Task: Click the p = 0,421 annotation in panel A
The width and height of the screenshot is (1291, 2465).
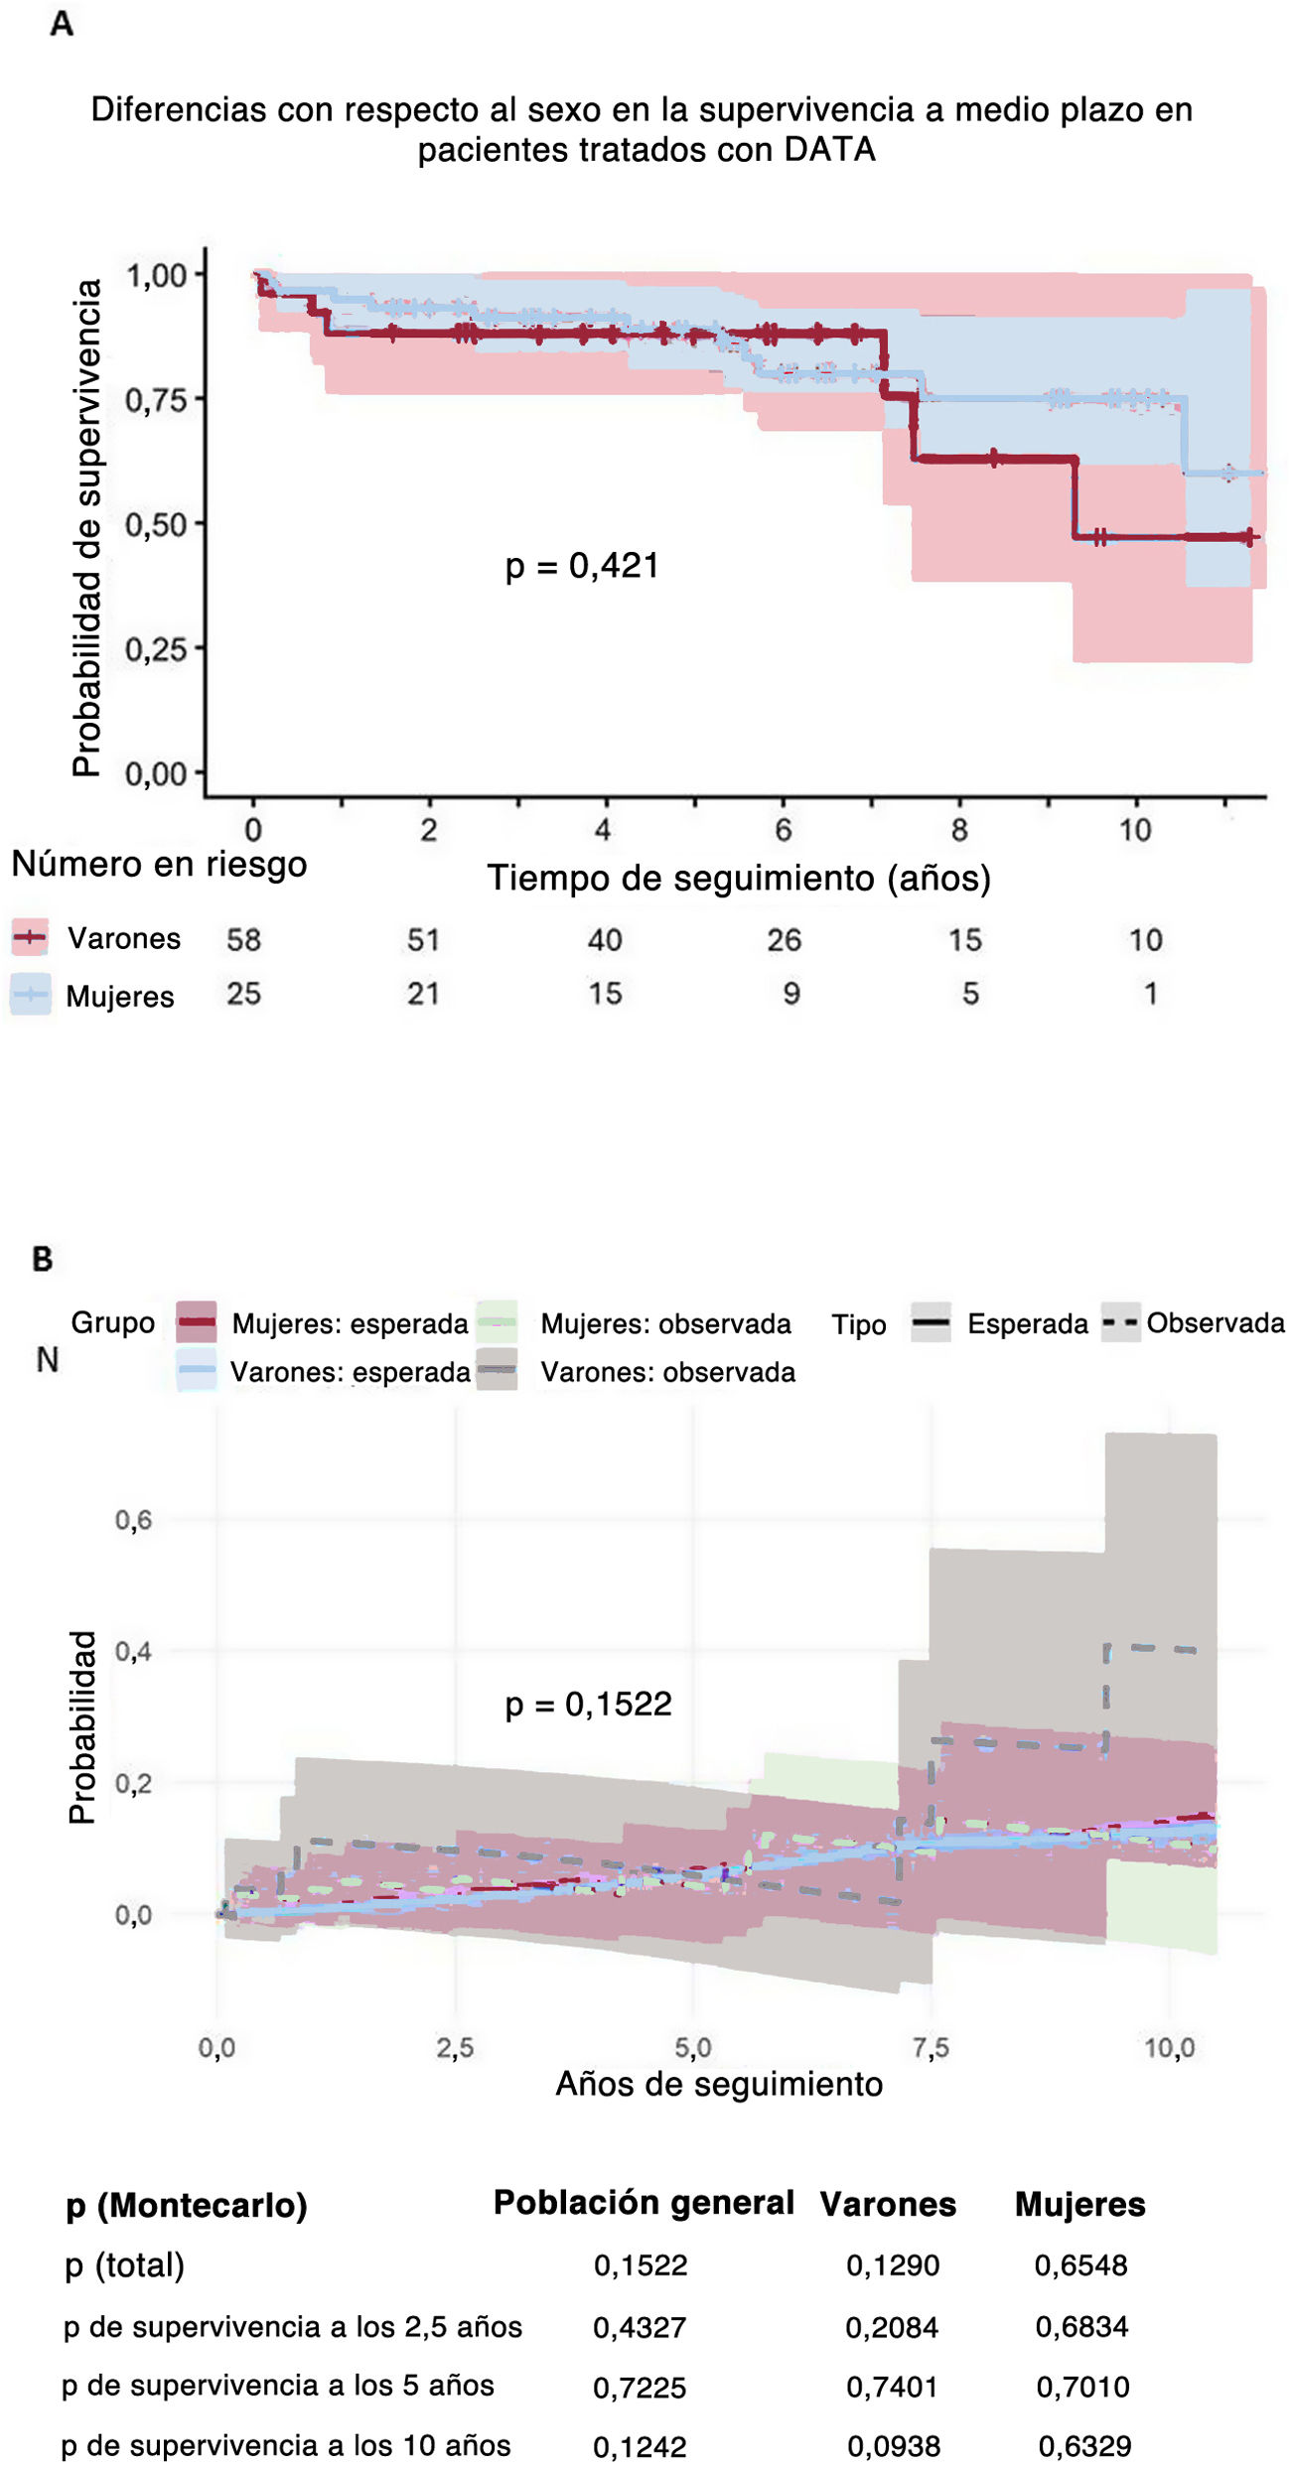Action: tap(582, 566)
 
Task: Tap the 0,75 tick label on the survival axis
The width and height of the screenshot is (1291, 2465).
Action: tap(156, 400)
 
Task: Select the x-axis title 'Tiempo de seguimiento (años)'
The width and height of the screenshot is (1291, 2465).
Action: tap(739, 879)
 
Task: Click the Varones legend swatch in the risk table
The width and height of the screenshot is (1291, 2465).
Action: tap(30, 937)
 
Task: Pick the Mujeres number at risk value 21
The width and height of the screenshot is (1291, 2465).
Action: tap(423, 993)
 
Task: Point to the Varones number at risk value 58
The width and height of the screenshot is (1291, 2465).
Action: tap(243, 939)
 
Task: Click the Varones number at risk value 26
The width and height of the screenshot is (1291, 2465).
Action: tap(784, 939)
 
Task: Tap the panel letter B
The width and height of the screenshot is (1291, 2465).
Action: tap(42, 1259)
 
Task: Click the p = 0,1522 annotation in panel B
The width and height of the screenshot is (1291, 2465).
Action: tap(589, 1704)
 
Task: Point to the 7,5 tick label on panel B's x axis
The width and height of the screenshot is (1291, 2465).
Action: tap(931, 2047)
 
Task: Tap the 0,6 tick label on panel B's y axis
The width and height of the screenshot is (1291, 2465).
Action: tap(133, 1520)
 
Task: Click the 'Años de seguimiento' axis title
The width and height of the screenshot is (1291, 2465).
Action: tap(719, 2083)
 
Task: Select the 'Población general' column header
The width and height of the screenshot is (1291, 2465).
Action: tap(644, 2202)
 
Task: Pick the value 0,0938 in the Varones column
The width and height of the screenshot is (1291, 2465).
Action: tap(893, 2445)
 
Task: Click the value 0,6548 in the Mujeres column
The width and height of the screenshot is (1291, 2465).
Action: tap(1080, 2264)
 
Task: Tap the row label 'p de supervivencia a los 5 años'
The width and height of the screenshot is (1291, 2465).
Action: tap(277, 2385)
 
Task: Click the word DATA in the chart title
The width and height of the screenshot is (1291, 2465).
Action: tap(829, 149)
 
